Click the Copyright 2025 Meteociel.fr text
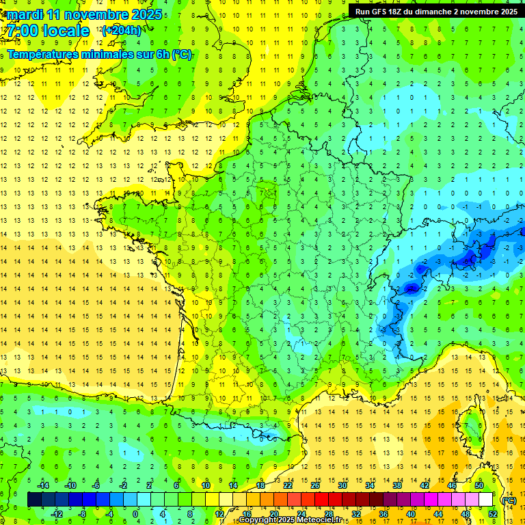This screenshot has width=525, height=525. point(291,520)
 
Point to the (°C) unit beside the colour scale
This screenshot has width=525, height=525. point(509,500)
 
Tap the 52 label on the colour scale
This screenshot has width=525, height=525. point(493,514)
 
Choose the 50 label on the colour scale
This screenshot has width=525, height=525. point(479,485)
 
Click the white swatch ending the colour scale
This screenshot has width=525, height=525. point(486,500)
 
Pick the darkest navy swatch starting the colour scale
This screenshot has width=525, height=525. point(34,500)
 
